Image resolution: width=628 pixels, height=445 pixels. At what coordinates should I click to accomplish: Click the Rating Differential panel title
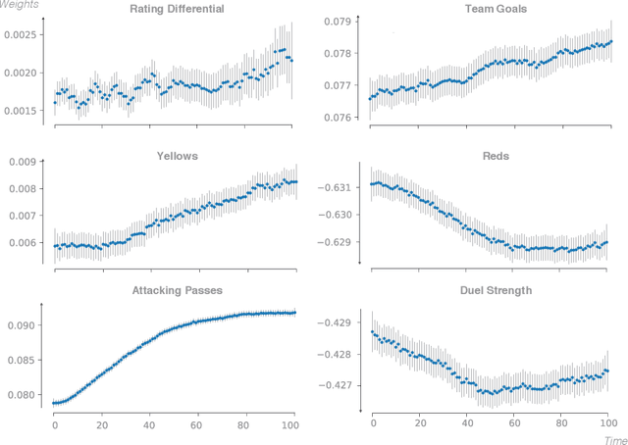pos(177,10)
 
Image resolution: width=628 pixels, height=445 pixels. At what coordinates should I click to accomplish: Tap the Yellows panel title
pos(177,155)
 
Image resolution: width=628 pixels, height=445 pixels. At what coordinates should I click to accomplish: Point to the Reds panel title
pos(497,155)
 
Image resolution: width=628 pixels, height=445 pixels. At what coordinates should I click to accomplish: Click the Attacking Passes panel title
pos(177,290)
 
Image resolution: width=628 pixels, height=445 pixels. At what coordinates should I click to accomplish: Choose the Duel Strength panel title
pos(497,290)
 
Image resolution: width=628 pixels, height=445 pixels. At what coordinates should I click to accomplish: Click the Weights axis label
pos(21,6)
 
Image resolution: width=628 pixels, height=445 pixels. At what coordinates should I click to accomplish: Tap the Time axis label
pos(614,440)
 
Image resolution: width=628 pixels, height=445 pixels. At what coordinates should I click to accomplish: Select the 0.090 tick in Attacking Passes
pos(23,325)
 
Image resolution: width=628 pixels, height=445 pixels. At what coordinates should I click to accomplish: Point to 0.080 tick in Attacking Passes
pos(23,395)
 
